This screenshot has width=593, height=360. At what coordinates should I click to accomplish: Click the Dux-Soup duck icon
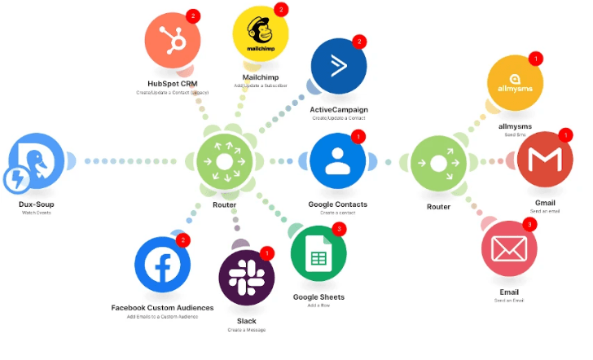(x=37, y=160)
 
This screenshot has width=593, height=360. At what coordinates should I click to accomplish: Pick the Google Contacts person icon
(x=337, y=160)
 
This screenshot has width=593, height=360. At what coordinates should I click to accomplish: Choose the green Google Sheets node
(x=318, y=259)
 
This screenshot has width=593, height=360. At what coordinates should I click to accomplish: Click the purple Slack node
(x=246, y=279)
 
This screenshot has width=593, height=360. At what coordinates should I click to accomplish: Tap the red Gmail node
(x=545, y=160)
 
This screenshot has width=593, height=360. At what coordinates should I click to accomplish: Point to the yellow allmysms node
(x=514, y=85)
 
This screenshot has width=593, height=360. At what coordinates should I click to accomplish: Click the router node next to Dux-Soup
(x=224, y=160)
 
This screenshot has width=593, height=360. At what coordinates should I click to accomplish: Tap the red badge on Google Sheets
(x=339, y=230)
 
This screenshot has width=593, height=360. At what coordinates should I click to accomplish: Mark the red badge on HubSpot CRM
(x=193, y=15)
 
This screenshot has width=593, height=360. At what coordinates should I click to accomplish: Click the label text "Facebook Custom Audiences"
(x=162, y=307)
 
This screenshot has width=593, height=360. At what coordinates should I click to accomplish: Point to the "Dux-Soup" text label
(x=37, y=204)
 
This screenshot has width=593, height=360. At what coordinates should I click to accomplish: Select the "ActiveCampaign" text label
(x=337, y=109)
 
